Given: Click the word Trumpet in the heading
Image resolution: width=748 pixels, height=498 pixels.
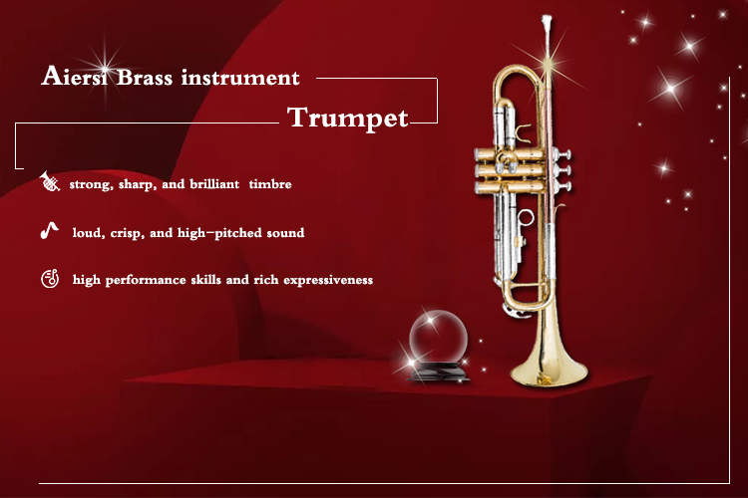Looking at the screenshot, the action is [x=348, y=118].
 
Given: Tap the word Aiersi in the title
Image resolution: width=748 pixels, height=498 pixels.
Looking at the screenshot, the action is [x=74, y=77].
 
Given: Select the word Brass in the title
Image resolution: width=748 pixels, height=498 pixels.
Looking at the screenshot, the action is [x=144, y=78].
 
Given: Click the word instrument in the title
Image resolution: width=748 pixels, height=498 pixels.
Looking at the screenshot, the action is [x=240, y=78].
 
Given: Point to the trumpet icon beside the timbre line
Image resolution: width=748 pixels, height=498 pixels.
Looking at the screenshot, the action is [x=50, y=181].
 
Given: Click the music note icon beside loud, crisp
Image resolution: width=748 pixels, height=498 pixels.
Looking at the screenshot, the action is [x=49, y=231].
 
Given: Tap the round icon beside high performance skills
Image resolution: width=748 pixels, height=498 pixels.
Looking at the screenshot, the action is [x=50, y=279].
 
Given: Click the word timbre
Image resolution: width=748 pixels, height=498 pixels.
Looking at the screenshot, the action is [x=270, y=184].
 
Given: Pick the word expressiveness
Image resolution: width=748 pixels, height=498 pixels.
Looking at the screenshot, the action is [x=328, y=280].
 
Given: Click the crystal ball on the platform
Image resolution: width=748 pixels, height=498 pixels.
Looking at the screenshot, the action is [x=438, y=337].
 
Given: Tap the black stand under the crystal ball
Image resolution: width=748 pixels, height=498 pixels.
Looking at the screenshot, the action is [x=438, y=372].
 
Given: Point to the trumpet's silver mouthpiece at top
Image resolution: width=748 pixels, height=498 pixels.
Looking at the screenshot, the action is [x=547, y=23].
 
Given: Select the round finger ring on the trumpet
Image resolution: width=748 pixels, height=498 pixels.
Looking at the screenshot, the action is [x=526, y=217].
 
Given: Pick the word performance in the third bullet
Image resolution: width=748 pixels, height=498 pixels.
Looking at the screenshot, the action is [x=146, y=280].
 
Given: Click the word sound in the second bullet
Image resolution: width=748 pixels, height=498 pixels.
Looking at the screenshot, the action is [x=285, y=233].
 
